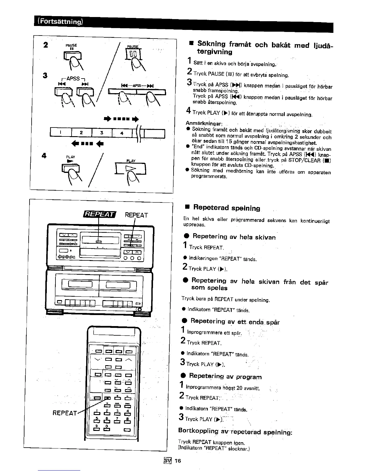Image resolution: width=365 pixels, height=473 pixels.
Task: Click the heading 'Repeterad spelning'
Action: click(x=227, y=208)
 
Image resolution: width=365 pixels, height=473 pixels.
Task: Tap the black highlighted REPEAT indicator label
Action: click(x=100, y=214)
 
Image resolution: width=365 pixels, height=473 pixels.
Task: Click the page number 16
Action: click(x=178, y=461)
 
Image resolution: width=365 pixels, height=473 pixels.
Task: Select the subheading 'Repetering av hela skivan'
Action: click(x=234, y=237)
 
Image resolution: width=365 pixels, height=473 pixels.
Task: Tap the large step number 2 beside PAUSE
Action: click(x=45, y=45)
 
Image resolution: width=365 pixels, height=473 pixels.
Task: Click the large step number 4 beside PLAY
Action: click(x=44, y=156)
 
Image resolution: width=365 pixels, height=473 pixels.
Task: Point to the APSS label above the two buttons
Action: click(x=73, y=79)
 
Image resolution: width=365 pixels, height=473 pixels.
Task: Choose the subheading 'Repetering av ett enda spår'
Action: click(x=235, y=322)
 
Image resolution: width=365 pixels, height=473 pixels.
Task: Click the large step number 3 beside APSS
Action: click(x=45, y=75)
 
